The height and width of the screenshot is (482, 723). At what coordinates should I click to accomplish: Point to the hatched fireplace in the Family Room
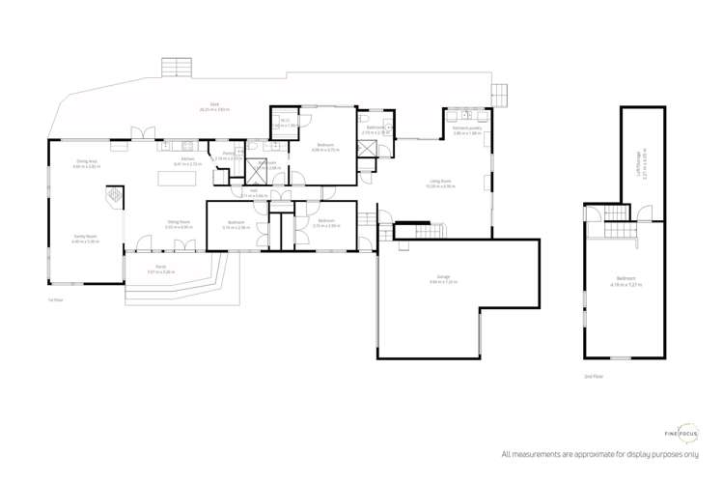(x=114, y=197)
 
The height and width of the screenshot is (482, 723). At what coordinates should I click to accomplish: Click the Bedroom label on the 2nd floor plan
(x=623, y=281)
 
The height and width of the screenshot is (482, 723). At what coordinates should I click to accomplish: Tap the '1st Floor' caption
(x=55, y=299)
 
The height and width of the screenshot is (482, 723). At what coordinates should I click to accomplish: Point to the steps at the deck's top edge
(x=179, y=67)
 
